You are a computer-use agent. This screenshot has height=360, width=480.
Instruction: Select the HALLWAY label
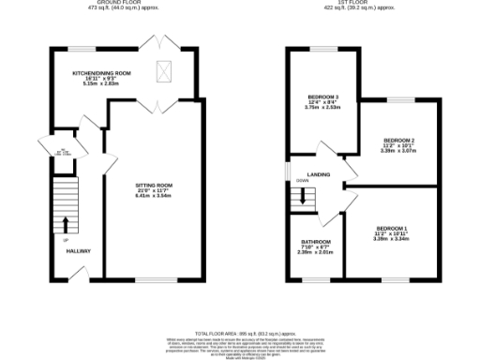click(x=78, y=251)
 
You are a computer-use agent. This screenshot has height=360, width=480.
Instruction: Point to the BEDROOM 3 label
click(x=323, y=97)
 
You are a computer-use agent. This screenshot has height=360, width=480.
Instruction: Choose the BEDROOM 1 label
click(x=392, y=229)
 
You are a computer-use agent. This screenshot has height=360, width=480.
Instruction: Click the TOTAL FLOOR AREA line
click(x=240, y=333)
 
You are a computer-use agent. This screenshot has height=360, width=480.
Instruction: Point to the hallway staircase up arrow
click(x=66, y=224)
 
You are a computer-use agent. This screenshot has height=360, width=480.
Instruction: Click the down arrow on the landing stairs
click(x=304, y=197)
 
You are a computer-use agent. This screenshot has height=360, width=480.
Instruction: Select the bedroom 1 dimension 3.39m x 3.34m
click(x=392, y=239)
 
